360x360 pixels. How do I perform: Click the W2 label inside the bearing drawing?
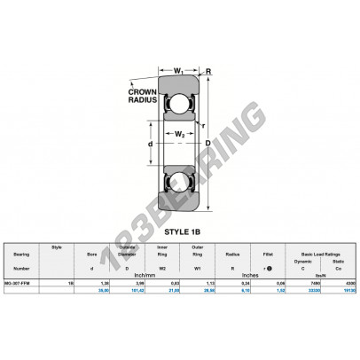[178, 134]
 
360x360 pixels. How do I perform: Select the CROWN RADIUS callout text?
[141, 96]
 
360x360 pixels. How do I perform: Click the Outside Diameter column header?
[126, 251]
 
